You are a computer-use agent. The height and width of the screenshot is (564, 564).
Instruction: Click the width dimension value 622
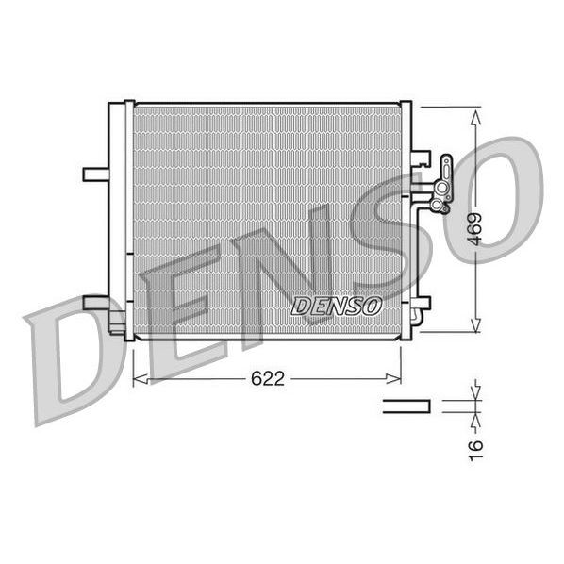[x=268, y=378]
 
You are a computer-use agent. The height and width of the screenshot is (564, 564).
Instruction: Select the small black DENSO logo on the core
[x=336, y=306]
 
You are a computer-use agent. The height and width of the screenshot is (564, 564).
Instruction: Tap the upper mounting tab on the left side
[x=96, y=174]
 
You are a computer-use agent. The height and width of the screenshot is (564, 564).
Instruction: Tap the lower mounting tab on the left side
[x=96, y=303]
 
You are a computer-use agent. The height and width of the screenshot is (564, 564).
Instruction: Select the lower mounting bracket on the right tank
[x=421, y=302]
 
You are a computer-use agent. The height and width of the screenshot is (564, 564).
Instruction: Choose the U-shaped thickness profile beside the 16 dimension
[x=406, y=406]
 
